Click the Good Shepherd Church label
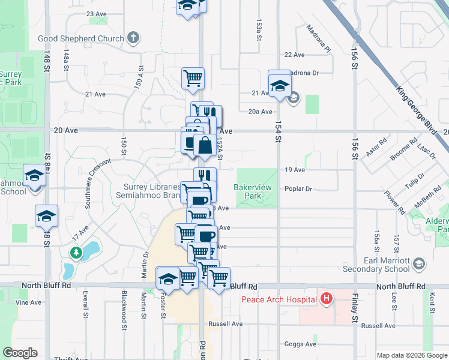click(x=81, y=38)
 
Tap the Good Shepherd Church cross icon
click(x=133, y=38)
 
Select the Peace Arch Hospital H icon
click(x=327, y=298)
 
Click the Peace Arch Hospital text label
click(x=279, y=299)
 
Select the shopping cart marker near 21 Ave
click(x=193, y=77)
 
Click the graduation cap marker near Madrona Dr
click(x=280, y=85)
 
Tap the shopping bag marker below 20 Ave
click(x=205, y=145)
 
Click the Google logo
click(x=20, y=353)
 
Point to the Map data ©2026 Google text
click(x=412, y=355)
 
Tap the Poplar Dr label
click(x=299, y=188)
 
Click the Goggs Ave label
click(x=301, y=344)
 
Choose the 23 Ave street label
click(x=96, y=13)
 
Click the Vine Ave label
click(x=28, y=302)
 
